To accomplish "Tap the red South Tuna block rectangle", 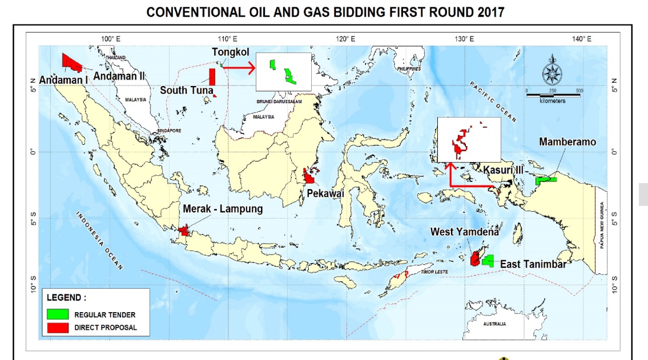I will [x=212, y=77].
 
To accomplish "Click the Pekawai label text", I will [x=325, y=194].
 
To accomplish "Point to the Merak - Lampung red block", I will [x=184, y=230].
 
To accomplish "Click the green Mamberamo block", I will [x=546, y=180].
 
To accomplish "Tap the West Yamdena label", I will [x=464, y=232].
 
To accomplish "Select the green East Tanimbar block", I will [x=488, y=261].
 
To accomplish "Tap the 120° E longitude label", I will [x=345, y=39].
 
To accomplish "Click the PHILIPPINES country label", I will [x=408, y=68].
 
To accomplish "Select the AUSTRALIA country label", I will [x=494, y=324].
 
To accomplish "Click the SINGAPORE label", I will [x=170, y=131].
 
